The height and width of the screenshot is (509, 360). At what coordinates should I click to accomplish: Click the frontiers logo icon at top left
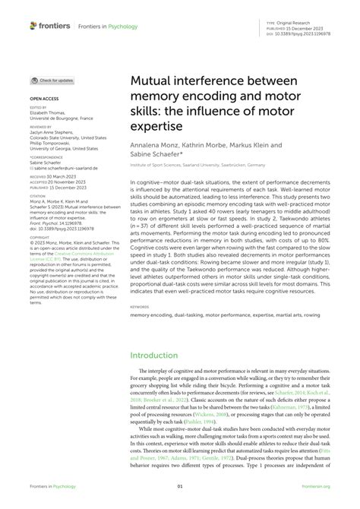click(x=34, y=26)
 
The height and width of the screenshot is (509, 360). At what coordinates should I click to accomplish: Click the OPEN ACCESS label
click(x=43, y=99)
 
